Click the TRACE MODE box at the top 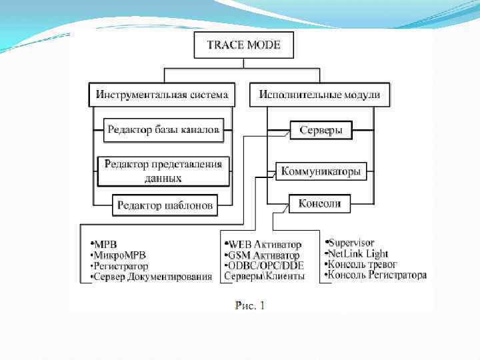click(243, 46)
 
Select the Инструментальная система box click(162, 95)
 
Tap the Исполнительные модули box click(319, 95)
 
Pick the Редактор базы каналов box click(163, 130)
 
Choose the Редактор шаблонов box click(165, 205)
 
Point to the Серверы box click(321, 130)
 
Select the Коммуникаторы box click(321, 171)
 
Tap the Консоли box click(320, 203)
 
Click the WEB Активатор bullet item click(264, 245)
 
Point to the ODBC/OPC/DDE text click(265, 265)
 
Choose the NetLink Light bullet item click(356, 253)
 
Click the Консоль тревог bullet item click(361, 264)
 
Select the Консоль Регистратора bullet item click(376, 275)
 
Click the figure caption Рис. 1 click(250, 305)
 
